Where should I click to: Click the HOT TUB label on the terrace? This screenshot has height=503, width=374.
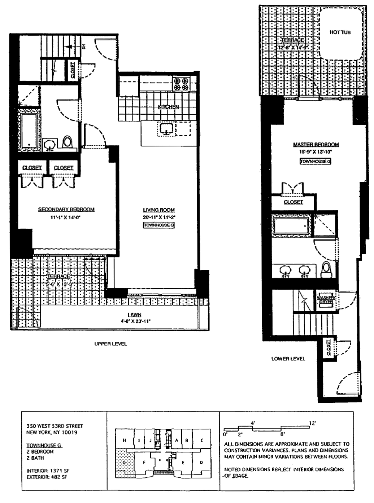point(340,32)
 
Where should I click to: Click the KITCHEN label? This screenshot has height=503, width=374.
point(168,107)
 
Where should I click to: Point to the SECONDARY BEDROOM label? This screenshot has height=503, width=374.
point(66,209)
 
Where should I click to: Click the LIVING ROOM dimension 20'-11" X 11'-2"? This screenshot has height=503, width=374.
point(159,217)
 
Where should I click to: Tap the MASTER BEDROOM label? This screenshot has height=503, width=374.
point(316,145)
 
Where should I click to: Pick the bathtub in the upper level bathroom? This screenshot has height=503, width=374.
point(29,131)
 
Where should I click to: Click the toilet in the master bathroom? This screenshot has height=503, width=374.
point(326,269)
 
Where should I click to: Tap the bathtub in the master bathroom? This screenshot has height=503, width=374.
point(291,226)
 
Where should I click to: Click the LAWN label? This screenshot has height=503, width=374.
point(134,315)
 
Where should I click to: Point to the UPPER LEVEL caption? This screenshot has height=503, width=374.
point(110,344)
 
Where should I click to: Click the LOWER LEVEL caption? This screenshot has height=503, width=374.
point(288,359)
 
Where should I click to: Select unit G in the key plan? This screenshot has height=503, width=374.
point(124,463)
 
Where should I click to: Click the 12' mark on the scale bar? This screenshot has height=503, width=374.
point(313,423)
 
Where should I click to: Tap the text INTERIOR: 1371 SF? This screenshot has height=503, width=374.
point(47,471)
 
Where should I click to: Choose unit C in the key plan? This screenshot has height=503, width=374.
point(202,440)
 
